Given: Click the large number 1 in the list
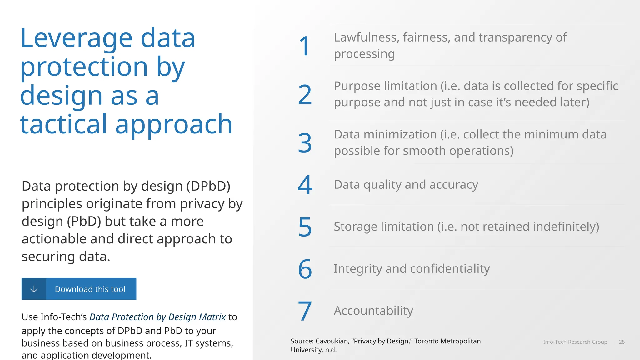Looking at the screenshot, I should point(305,46).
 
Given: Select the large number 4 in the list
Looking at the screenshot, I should point(305,185).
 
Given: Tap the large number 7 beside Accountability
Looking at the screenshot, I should point(305,311).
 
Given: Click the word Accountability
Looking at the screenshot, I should point(373,311).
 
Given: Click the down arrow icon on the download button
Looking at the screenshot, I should point(34,289).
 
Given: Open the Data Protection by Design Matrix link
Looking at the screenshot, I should point(157,317).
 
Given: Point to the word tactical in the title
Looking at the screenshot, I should point(63,124).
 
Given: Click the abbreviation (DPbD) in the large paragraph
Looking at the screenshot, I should point(208,186).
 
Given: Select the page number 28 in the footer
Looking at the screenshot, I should point(622,342).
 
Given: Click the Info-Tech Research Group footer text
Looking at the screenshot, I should point(575,342).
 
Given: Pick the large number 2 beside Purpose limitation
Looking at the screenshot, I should point(305,94).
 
